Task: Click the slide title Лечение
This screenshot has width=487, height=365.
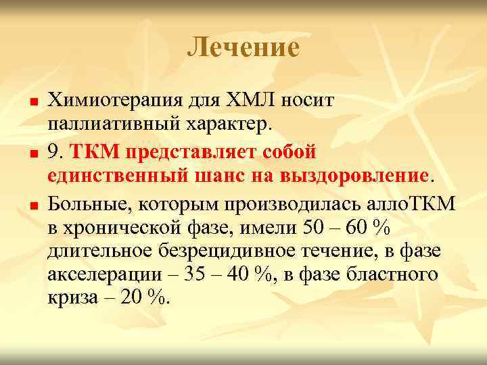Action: tap(243, 47)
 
